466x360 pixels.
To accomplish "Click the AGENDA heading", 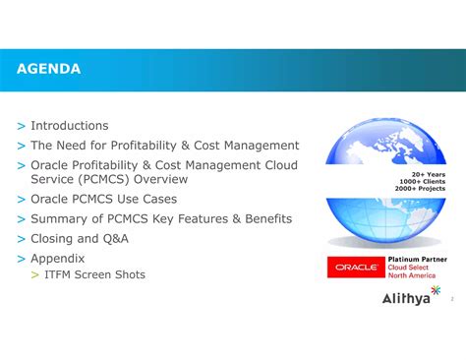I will (48, 69).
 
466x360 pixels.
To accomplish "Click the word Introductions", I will (70, 126).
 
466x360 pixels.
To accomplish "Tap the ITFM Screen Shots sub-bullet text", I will (94, 274).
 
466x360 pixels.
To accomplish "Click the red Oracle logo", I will (356, 267).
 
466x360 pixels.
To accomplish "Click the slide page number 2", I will (451, 298).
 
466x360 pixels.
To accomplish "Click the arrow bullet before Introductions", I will (22, 127).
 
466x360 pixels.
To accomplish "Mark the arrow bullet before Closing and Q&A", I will (22, 239).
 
